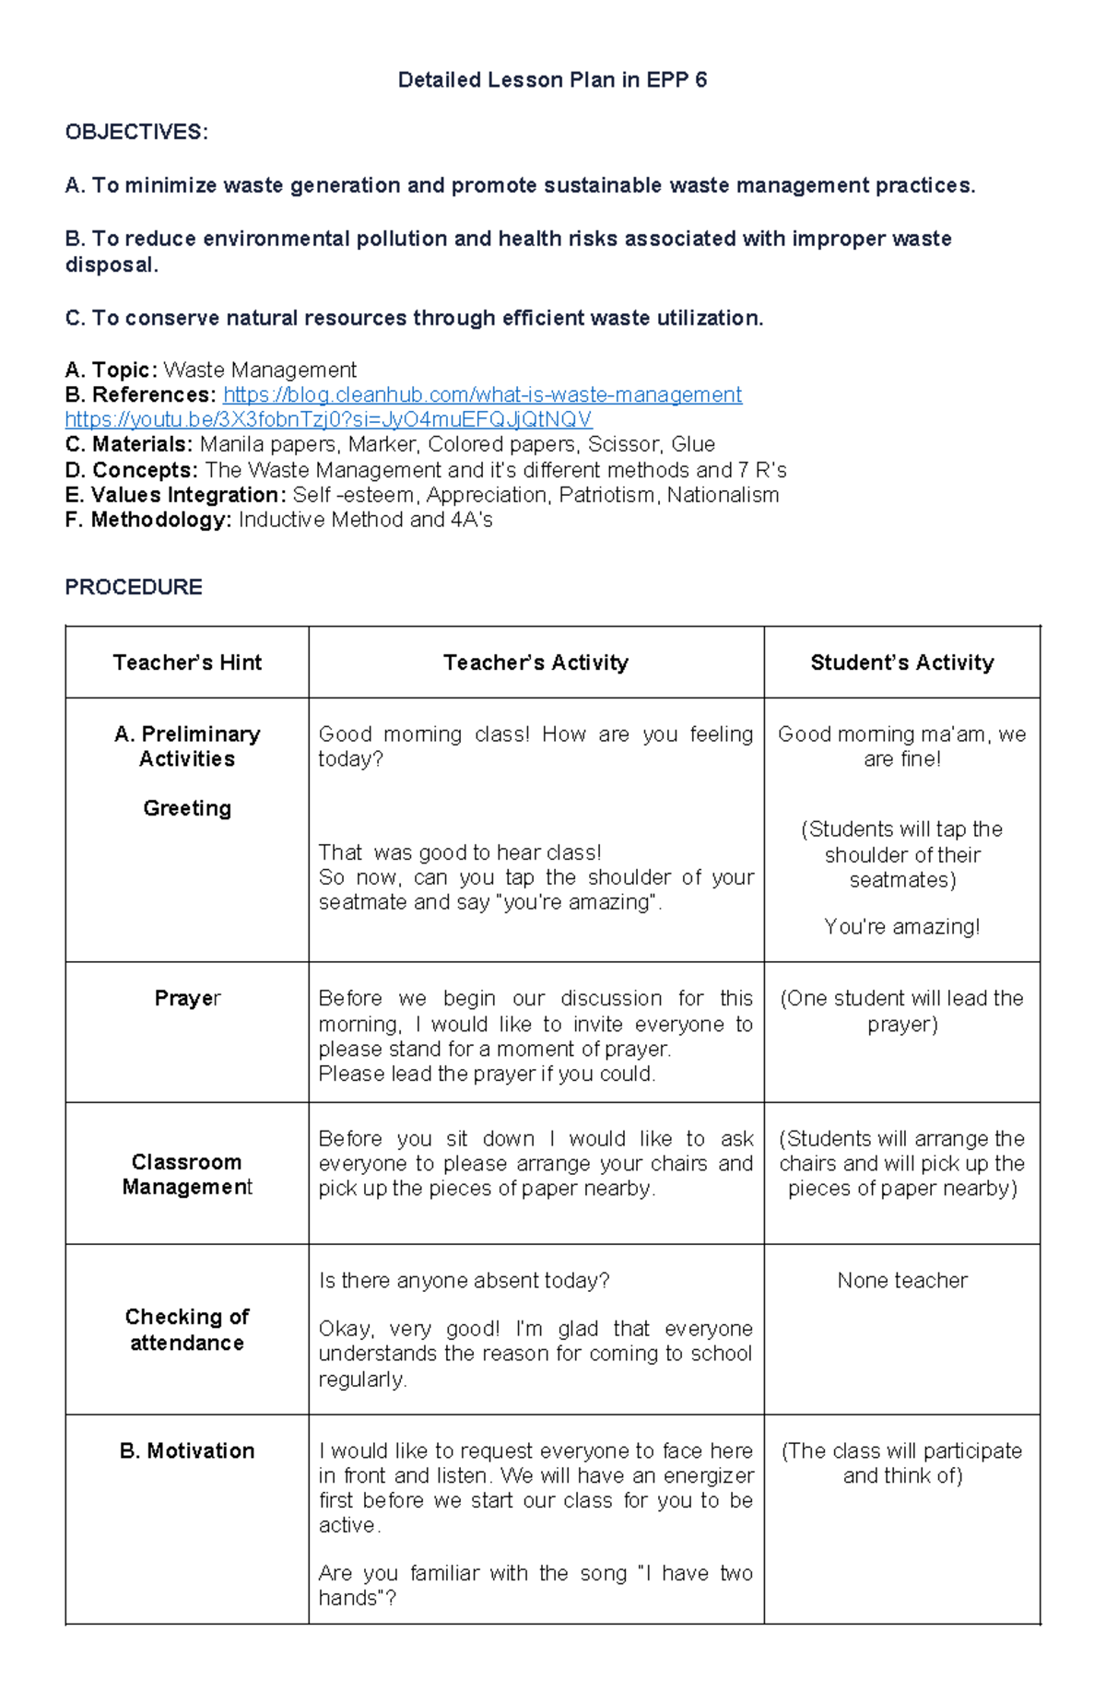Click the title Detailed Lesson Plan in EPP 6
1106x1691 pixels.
(552, 80)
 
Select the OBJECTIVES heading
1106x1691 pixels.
(136, 132)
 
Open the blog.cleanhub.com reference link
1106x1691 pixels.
(482, 395)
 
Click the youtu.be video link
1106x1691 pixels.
(328, 420)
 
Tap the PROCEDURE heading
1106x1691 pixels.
(134, 587)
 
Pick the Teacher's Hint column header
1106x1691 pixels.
(187, 663)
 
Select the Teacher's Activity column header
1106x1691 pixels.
(535, 663)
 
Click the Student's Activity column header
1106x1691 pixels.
(901, 663)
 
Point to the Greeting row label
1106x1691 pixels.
(187, 808)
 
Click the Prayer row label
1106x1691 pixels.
(187, 999)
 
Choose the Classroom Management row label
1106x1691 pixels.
(187, 1174)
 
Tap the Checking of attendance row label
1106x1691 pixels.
(187, 1330)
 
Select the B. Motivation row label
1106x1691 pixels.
(187, 1450)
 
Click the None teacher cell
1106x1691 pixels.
(901, 1280)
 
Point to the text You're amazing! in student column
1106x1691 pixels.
(901, 926)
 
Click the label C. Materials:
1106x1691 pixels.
(129, 445)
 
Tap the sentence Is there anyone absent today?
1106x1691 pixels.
(464, 1280)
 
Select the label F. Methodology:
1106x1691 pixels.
(148, 520)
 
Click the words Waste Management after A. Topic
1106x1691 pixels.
(260, 370)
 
